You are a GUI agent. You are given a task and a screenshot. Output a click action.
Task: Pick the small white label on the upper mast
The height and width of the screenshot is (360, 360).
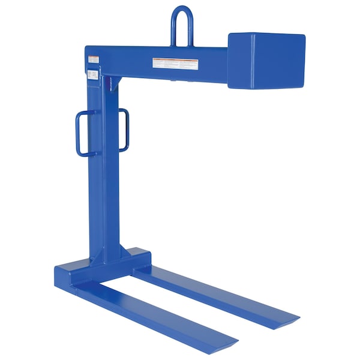[x=92, y=75]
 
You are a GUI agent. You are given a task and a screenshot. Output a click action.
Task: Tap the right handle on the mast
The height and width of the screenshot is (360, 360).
[x=124, y=129]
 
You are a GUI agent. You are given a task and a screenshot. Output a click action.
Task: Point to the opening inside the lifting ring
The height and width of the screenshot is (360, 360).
[x=181, y=27]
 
